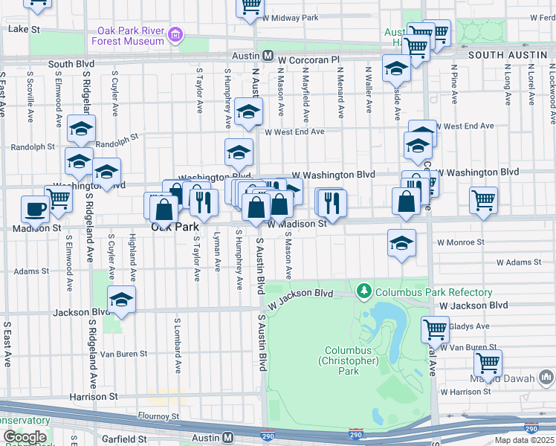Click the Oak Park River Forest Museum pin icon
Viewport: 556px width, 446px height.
point(175,34)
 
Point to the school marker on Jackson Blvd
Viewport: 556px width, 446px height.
point(121,300)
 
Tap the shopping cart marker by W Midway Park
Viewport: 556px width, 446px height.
point(250,6)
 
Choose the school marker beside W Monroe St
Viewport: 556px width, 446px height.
point(401,243)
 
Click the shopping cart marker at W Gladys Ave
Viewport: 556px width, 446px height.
point(435,328)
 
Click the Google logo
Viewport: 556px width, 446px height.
point(25,437)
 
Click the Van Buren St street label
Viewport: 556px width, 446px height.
point(123,354)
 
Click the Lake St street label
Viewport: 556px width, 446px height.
point(23,29)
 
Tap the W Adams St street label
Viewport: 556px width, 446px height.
point(519,262)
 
